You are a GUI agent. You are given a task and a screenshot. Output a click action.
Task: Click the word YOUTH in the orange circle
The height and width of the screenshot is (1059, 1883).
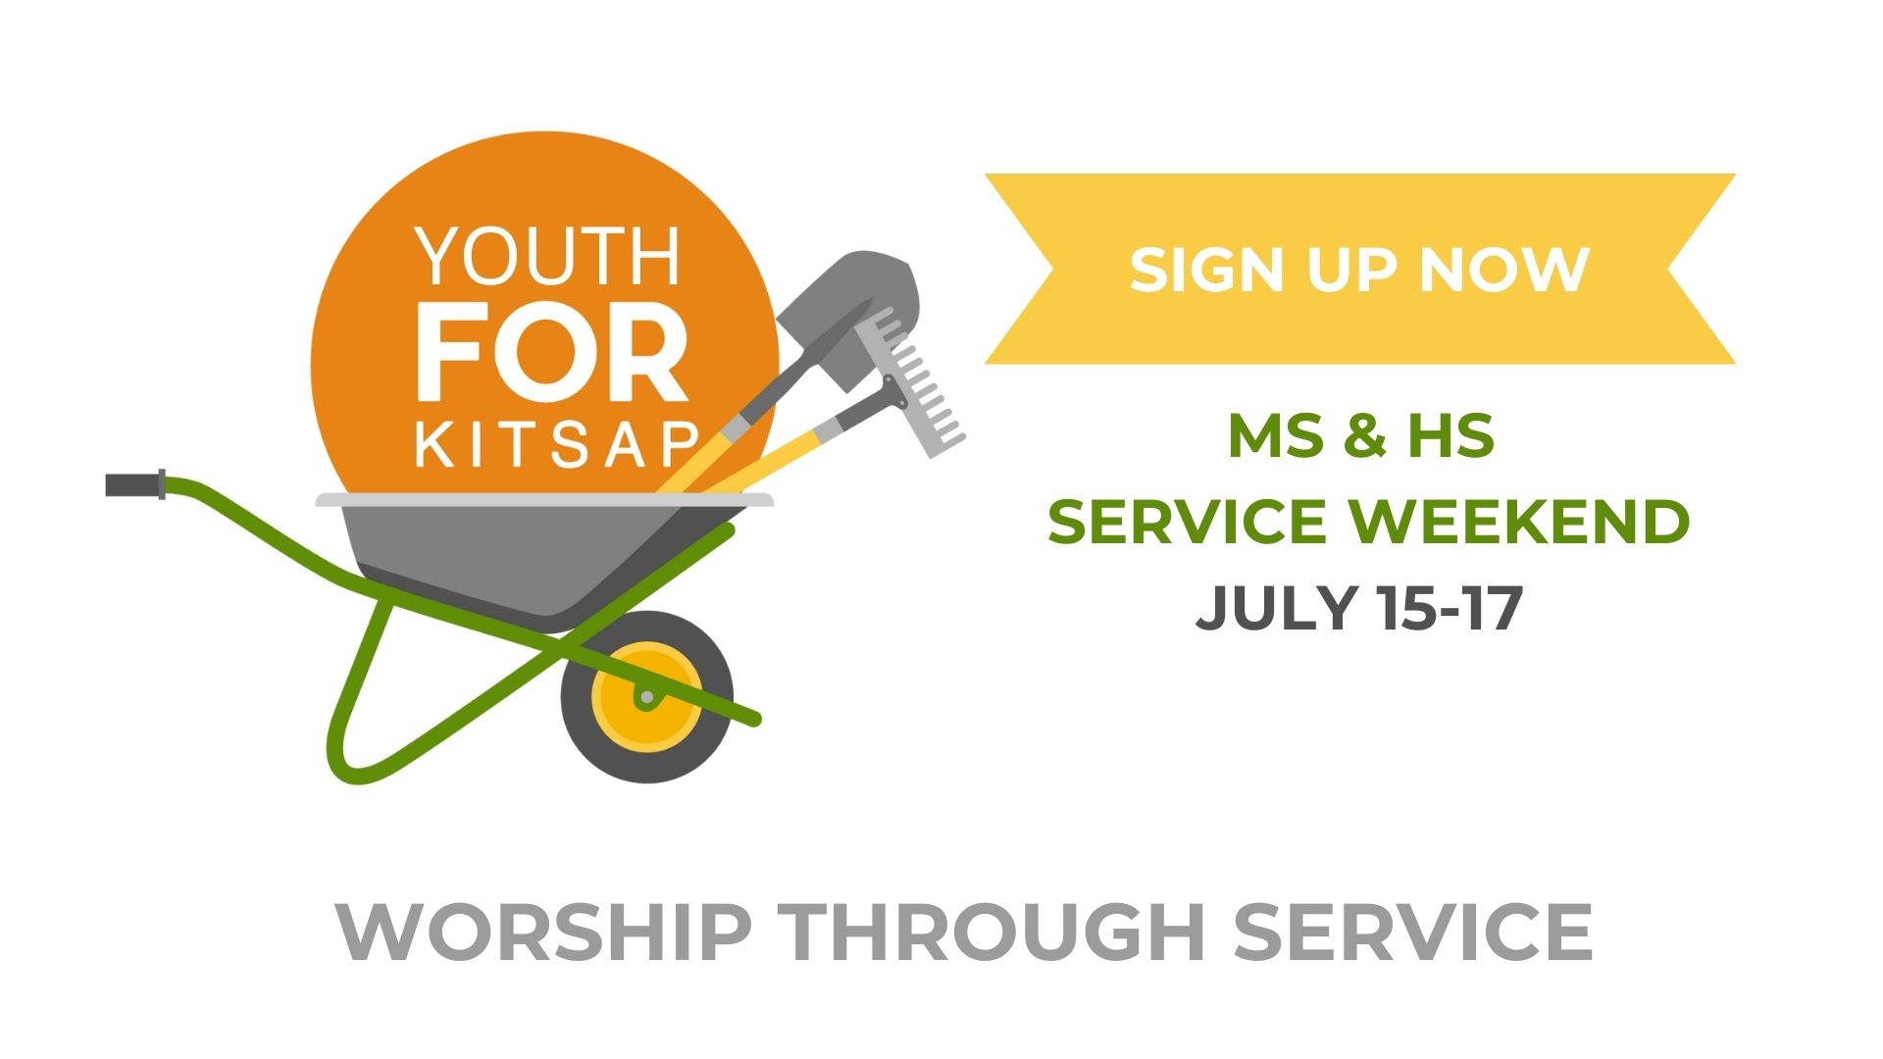point(547,256)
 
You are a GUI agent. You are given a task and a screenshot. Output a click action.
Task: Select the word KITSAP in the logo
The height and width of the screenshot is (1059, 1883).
point(557,445)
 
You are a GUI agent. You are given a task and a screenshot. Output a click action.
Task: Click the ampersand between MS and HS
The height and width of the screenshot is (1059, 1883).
point(1364,435)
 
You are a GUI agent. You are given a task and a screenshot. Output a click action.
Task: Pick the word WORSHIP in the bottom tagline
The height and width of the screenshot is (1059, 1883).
point(544,932)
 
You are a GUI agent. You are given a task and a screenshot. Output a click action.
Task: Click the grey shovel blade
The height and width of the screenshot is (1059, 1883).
point(849,306)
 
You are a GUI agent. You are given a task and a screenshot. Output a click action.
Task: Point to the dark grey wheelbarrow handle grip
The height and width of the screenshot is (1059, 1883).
point(135,484)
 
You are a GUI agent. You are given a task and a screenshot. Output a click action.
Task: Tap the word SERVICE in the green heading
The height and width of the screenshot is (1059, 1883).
point(1187,521)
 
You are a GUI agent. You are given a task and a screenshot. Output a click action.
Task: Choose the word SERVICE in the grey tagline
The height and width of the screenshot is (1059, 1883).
point(1413,932)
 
